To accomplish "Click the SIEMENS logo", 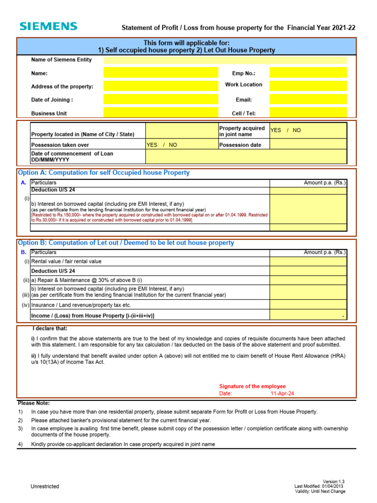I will [48, 27].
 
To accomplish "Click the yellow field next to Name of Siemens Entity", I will [225, 60].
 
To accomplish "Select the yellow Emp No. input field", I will [308, 73].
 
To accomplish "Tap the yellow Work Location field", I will [308, 85].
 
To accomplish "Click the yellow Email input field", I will [308, 99].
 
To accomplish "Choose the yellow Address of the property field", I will [161, 86].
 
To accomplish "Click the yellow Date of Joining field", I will [161, 99].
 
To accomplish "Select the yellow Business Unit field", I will [161, 112].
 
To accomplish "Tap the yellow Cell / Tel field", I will [308, 112].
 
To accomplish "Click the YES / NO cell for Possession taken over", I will [182, 145].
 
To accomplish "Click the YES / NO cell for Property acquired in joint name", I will [308, 131].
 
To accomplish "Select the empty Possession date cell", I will [308, 145].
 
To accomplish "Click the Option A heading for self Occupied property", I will [104, 173].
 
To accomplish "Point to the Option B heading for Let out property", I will [126, 243].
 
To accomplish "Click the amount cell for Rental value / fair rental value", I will [308, 262].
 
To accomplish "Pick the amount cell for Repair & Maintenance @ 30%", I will [308, 279].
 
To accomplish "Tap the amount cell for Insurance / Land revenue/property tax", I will [308, 305].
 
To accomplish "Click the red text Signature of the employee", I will [252, 387].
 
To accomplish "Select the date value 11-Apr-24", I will [282, 394].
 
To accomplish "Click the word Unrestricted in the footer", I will [45, 486].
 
